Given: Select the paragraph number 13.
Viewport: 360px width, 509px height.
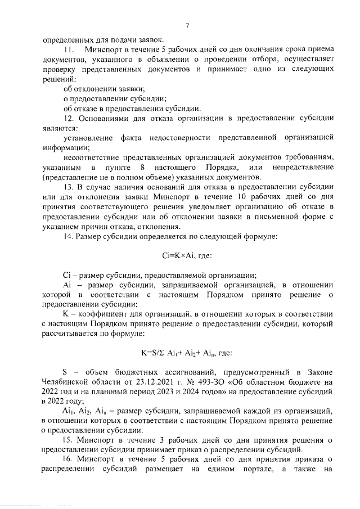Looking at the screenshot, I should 67,186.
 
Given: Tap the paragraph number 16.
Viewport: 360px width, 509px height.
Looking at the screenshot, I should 67,460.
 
